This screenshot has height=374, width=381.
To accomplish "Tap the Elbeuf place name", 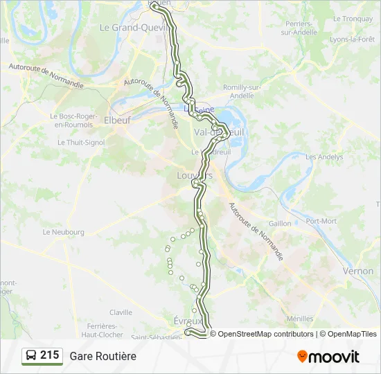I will coord(116,120).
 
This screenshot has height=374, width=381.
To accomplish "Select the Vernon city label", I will coord(357,271).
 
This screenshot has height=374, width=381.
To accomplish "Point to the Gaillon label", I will coord(280,224).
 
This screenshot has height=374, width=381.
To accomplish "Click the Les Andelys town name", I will coord(324,157).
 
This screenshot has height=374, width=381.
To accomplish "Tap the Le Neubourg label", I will coord(63,232).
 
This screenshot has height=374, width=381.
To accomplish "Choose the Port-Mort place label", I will coord(320,221).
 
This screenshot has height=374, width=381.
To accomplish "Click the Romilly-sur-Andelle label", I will coord(242,91).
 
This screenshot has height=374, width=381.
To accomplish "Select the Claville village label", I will coord(121,312).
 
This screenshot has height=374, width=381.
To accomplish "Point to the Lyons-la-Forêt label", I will coord(353,39).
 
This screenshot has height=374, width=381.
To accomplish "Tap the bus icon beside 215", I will coord(31,356).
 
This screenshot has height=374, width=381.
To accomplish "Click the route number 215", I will coord(49,355).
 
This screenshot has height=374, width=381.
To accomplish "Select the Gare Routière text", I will coord(103,356).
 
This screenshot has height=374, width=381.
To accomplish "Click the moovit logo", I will coord(328,357).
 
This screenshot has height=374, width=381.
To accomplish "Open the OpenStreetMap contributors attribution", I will coord(262,334).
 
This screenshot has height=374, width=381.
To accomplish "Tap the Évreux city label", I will coord(188,321).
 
